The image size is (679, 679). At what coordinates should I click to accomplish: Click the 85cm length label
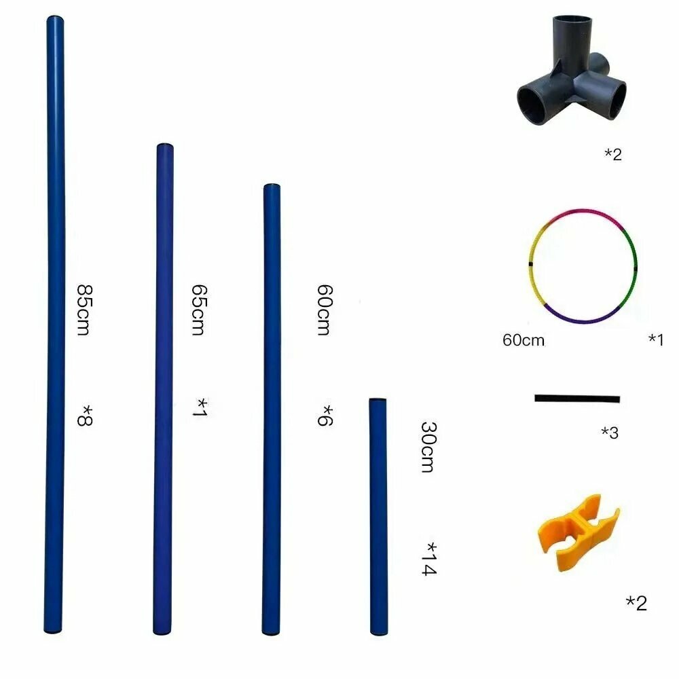84,310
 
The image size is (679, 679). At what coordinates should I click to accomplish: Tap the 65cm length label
199,310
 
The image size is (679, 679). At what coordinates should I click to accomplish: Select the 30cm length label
428,447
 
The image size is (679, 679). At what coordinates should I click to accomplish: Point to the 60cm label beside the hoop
523,340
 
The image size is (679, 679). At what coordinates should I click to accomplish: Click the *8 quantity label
85,416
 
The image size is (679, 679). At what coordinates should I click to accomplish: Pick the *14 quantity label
429,559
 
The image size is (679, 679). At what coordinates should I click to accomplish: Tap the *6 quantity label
325,416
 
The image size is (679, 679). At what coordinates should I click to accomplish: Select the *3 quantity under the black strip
610,432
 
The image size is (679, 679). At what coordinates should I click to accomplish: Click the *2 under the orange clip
636,602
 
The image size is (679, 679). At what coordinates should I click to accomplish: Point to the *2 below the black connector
612,154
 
